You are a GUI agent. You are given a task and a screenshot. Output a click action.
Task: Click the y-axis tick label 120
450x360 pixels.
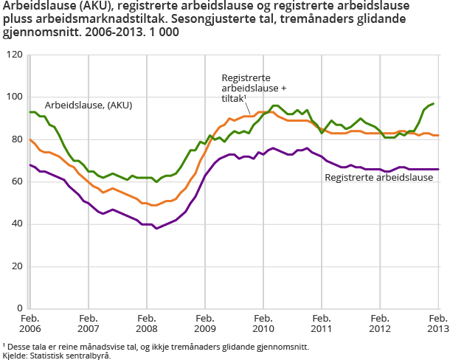14,55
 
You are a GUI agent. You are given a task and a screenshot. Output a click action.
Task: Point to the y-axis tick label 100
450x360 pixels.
14,97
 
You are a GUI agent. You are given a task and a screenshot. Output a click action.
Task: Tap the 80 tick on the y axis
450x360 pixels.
16,139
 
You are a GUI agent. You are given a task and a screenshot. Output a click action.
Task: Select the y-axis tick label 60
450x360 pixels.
16,181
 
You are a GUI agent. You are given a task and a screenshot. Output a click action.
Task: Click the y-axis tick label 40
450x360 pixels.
16,224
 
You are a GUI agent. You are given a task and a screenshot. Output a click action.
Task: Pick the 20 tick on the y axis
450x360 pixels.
16,266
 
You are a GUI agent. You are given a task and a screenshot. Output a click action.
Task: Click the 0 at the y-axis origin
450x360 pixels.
19,308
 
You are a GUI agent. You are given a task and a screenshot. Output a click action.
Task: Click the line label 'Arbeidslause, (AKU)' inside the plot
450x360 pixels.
89,105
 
